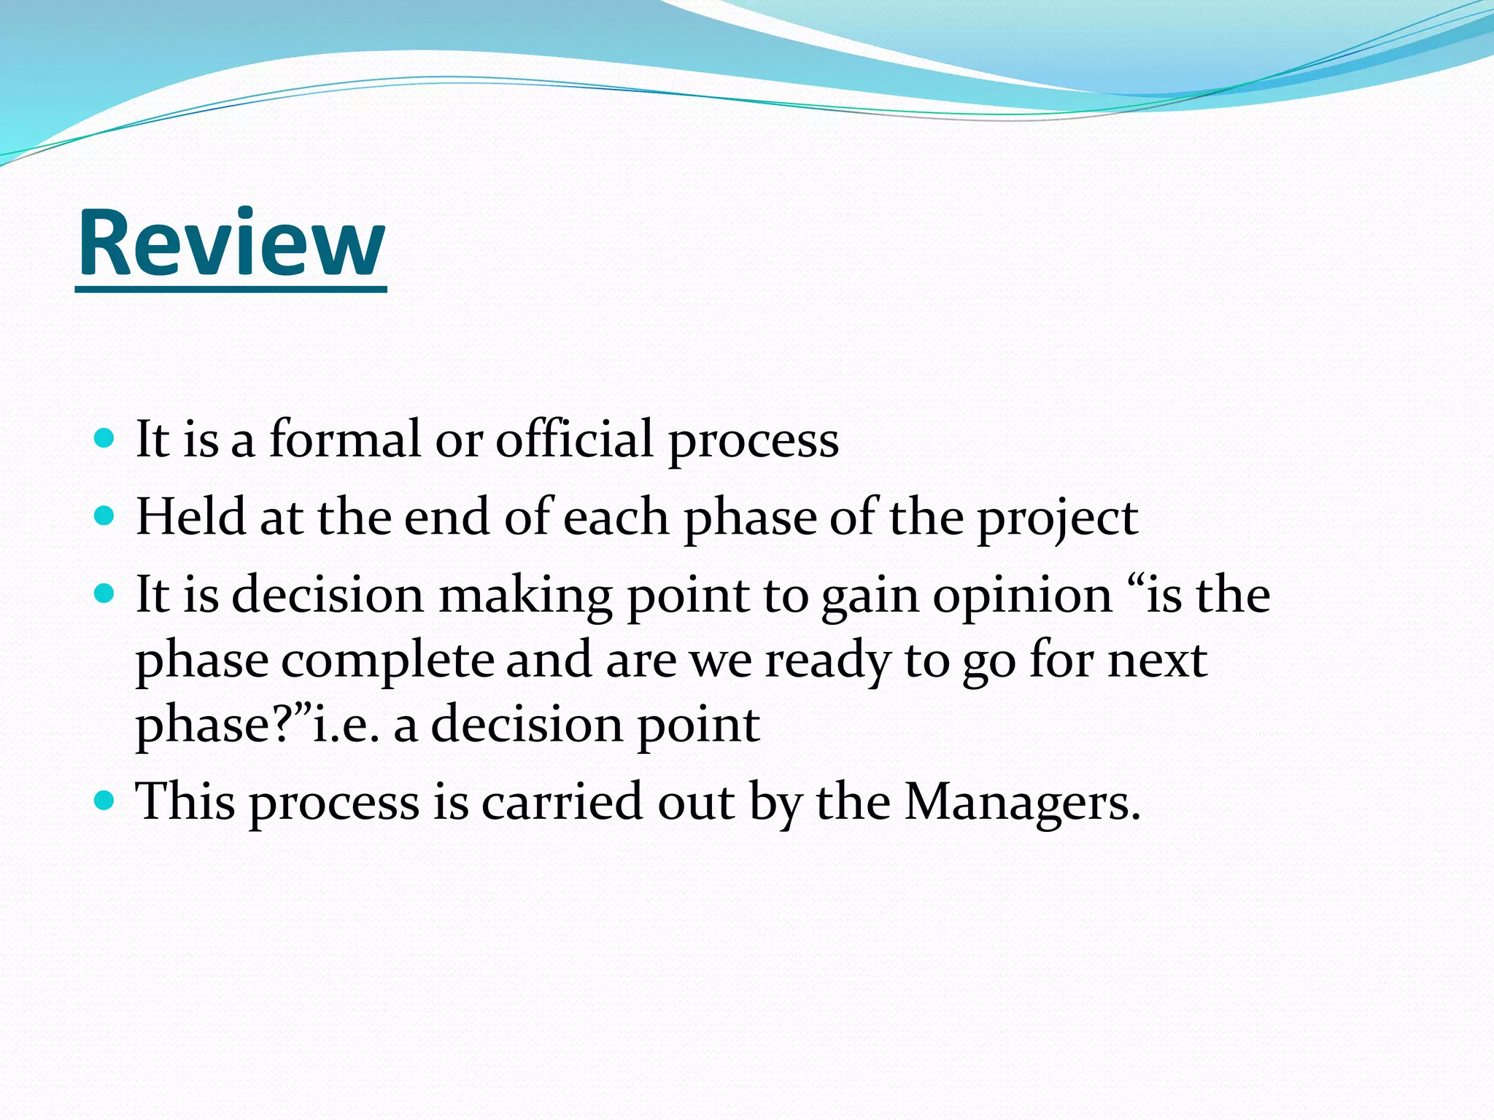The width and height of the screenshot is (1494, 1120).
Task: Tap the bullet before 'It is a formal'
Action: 105,437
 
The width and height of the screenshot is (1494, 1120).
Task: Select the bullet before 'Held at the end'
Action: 105,516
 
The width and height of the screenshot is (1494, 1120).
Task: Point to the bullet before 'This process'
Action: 105,801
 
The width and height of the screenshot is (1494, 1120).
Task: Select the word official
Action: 574,439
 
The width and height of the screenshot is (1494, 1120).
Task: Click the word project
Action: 1057,519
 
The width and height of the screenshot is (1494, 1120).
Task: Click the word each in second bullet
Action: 616,517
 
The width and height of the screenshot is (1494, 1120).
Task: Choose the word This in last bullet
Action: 186,801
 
